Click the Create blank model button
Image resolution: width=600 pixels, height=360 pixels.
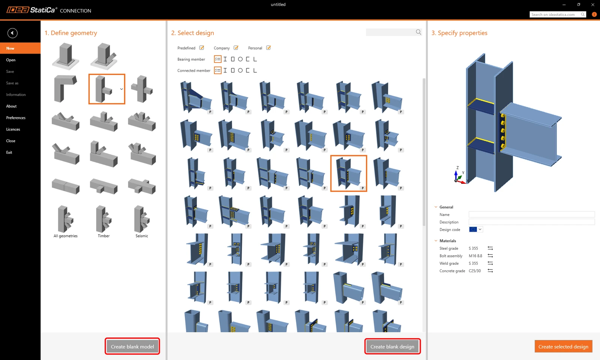(x=132, y=346)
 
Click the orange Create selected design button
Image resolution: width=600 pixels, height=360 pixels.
(x=563, y=346)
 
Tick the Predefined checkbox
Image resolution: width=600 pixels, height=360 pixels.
(x=202, y=48)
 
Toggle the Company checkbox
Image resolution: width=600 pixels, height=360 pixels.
(x=236, y=48)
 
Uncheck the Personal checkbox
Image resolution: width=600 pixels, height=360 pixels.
(x=268, y=48)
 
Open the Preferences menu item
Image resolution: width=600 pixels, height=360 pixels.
(x=16, y=118)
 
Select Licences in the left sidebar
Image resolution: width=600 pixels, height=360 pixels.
(x=13, y=129)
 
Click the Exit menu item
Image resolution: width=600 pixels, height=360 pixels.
(x=9, y=152)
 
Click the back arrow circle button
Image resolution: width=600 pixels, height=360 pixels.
(x=12, y=33)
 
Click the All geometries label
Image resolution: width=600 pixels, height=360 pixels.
(x=65, y=236)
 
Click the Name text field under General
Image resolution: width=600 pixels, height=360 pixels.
(x=531, y=214)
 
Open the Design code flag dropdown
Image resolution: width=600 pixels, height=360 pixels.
(x=476, y=229)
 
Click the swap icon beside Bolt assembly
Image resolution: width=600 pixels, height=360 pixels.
(x=490, y=255)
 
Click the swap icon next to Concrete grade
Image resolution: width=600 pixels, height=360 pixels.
(x=490, y=270)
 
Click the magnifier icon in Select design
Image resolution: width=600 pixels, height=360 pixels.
(x=418, y=32)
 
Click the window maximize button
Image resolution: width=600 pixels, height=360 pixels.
(x=579, y=4)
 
